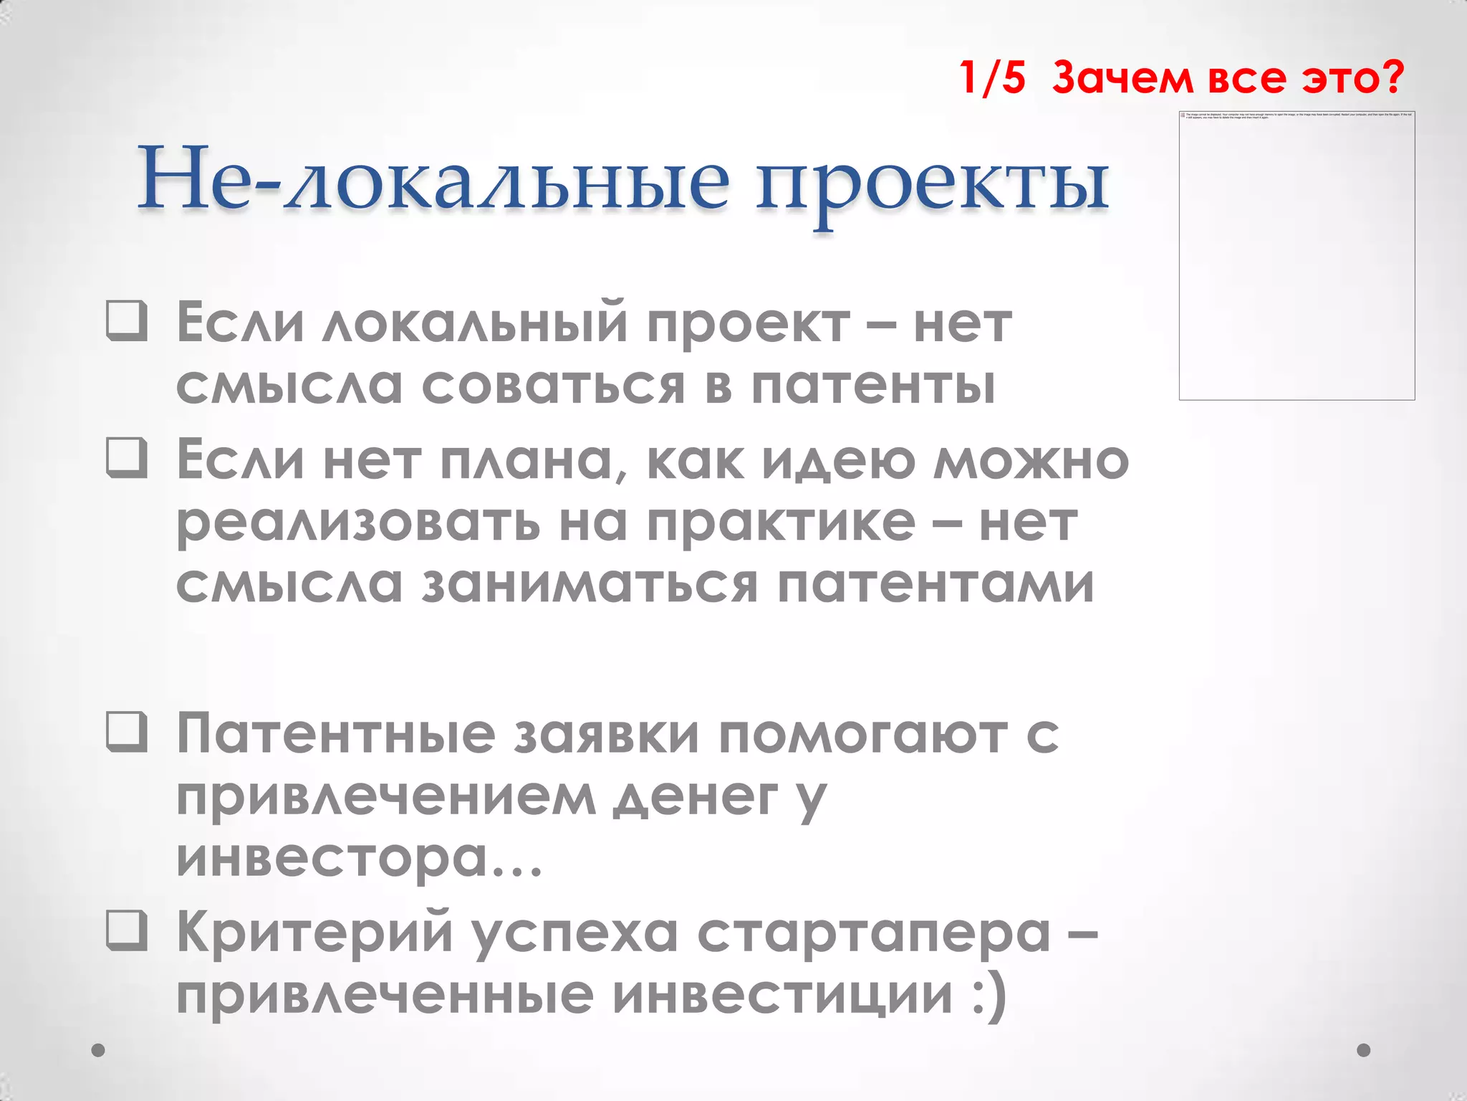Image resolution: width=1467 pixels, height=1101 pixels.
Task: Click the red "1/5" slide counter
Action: pos(992,77)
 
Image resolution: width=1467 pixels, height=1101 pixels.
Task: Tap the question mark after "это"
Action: pos(1392,77)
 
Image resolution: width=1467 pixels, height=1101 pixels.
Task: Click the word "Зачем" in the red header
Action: pos(1122,77)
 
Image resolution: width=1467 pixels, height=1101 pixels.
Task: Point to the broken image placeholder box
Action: pos(1297,256)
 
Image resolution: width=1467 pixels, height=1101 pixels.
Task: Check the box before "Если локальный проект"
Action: pos(127,320)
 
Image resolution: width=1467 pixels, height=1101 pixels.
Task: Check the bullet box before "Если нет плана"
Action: pos(127,457)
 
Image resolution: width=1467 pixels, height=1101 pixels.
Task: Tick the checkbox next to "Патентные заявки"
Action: pos(127,732)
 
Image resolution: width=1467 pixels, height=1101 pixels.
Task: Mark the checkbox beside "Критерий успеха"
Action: pos(127,930)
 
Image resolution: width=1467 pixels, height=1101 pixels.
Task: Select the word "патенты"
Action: pos(873,386)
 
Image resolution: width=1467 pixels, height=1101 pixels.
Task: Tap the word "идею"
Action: pos(838,461)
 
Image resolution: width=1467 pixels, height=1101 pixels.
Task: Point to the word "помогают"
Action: pos(864,735)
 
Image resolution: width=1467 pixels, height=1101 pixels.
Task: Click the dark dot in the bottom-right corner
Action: pos(1364,1050)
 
